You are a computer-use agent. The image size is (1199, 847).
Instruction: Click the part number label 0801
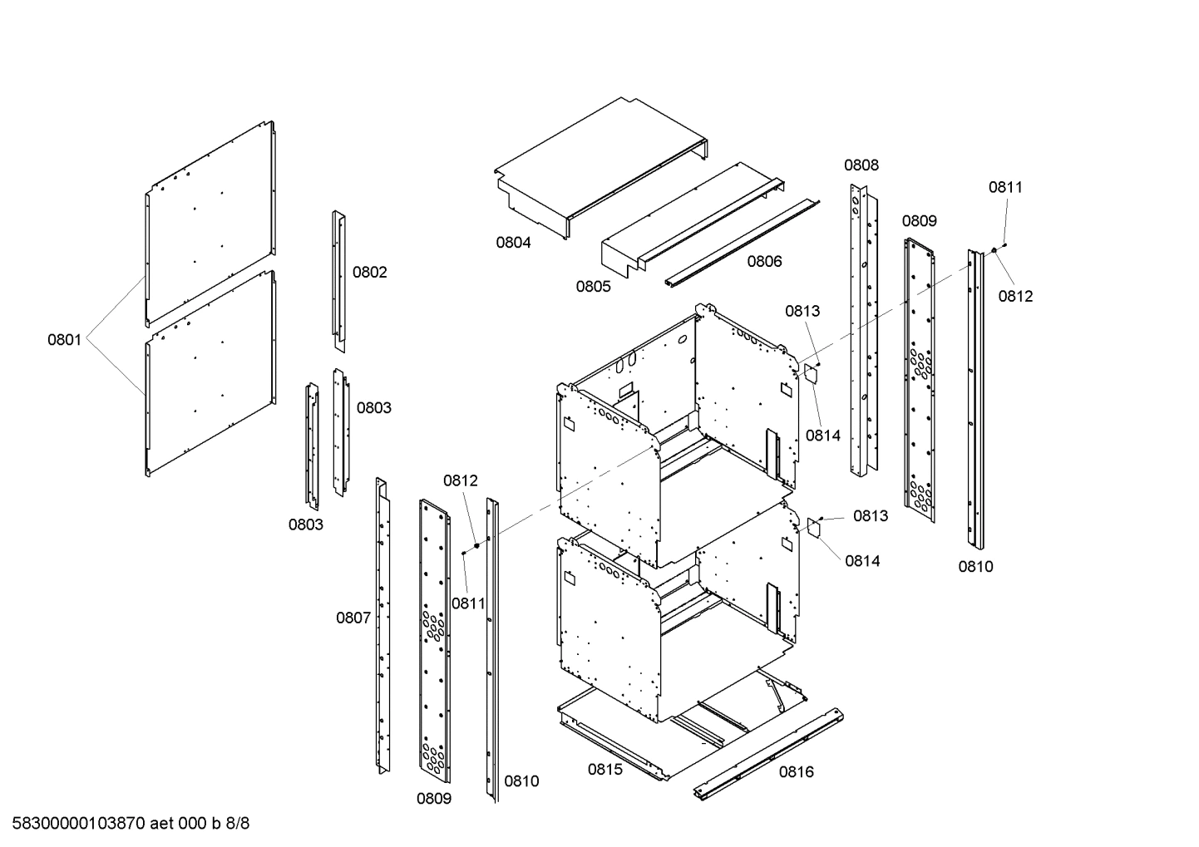pos(64,339)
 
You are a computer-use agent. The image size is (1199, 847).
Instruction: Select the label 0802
pos(369,272)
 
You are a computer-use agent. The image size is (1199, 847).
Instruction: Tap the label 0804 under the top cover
pos(514,243)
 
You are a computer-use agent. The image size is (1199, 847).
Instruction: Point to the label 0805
pos(593,287)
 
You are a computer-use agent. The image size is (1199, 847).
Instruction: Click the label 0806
pos(763,261)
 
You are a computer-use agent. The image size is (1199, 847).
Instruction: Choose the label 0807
pos(353,618)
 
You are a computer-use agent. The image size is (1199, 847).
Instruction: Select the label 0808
pos(861,165)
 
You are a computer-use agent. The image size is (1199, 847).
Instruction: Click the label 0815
pos(604,769)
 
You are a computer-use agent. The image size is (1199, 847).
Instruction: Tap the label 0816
pos(796,771)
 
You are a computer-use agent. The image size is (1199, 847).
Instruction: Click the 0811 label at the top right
pos(1005,187)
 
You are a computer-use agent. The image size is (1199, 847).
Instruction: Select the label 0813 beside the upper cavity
pos(802,311)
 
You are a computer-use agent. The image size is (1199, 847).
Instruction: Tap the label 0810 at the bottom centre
pos(521,781)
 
